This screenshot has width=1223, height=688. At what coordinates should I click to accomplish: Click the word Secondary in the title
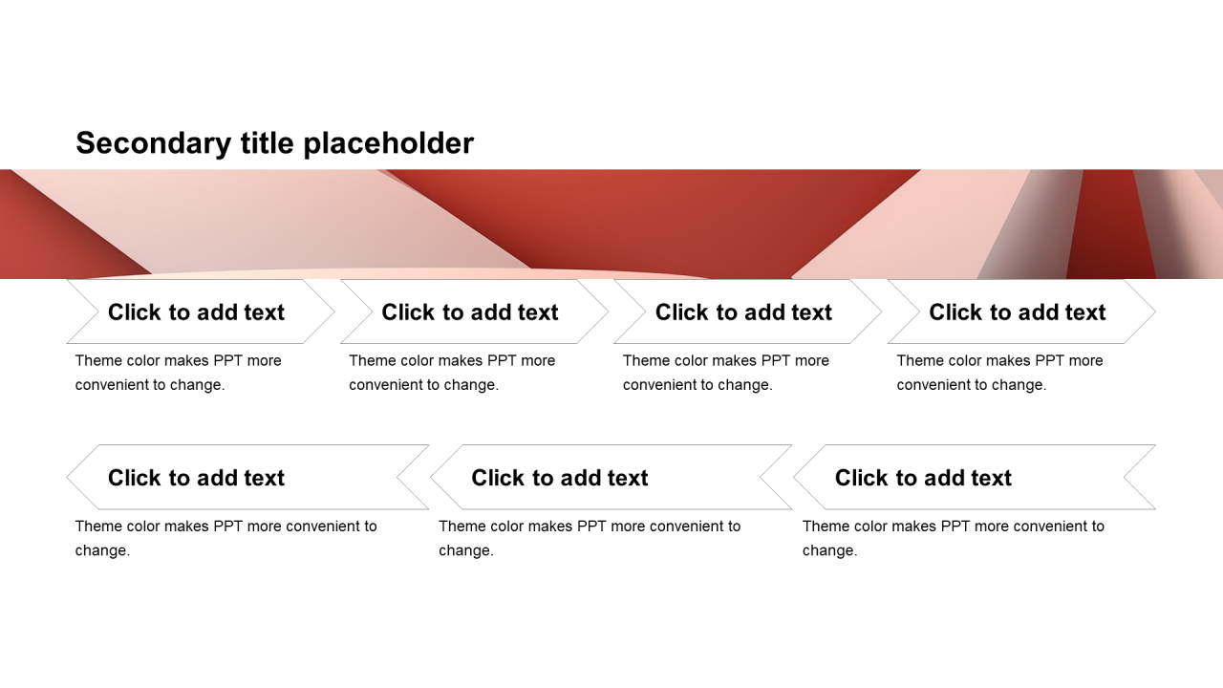click(154, 143)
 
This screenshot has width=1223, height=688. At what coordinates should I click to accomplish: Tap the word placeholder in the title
click(389, 143)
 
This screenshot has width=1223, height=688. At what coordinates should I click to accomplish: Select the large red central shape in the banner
click(644, 219)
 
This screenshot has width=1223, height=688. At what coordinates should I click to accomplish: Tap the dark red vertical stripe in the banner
click(1111, 224)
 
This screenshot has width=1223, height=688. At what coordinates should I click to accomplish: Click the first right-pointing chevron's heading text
click(196, 312)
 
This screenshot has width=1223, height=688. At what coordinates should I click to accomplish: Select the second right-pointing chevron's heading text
click(469, 312)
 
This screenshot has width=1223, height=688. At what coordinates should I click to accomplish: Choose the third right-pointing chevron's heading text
click(743, 312)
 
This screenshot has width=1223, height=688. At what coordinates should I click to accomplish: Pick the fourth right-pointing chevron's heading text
click(1018, 312)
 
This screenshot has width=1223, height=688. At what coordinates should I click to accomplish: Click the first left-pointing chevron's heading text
click(196, 478)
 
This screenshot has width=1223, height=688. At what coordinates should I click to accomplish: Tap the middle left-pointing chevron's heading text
click(560, 478)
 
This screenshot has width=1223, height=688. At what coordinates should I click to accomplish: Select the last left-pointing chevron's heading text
click(923, 478)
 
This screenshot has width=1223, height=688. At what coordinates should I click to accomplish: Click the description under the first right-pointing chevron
click(178, 373)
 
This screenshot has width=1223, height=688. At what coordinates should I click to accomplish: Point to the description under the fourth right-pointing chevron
click(999, 373)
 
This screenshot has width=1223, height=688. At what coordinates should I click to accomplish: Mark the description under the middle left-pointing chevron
click(590, 538)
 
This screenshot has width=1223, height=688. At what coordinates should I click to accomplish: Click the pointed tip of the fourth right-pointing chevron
click(1155, 312)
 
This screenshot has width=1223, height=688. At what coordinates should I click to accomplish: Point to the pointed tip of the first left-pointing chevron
click(67, 477)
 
